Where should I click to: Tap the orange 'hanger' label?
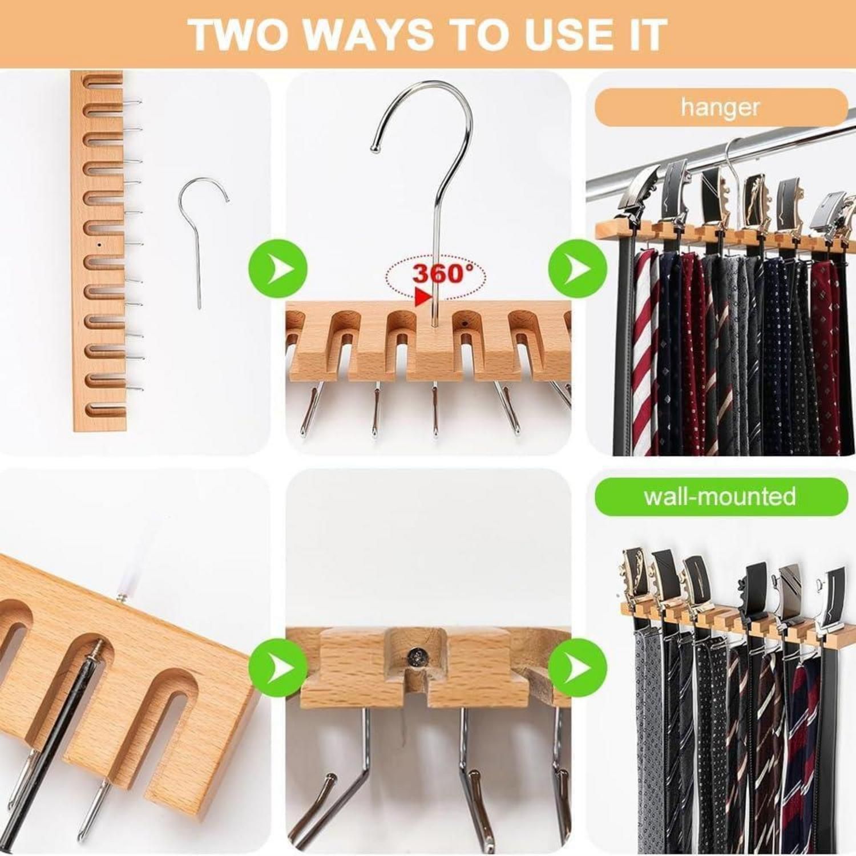(721, 107)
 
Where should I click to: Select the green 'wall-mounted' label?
(721, 496)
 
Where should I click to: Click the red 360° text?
(443, 273)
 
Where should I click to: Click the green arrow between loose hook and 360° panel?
(278, 268)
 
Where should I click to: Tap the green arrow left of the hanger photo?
(578, 268)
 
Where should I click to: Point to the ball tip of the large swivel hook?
(374, 148)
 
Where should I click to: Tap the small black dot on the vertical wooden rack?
(100, 244)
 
